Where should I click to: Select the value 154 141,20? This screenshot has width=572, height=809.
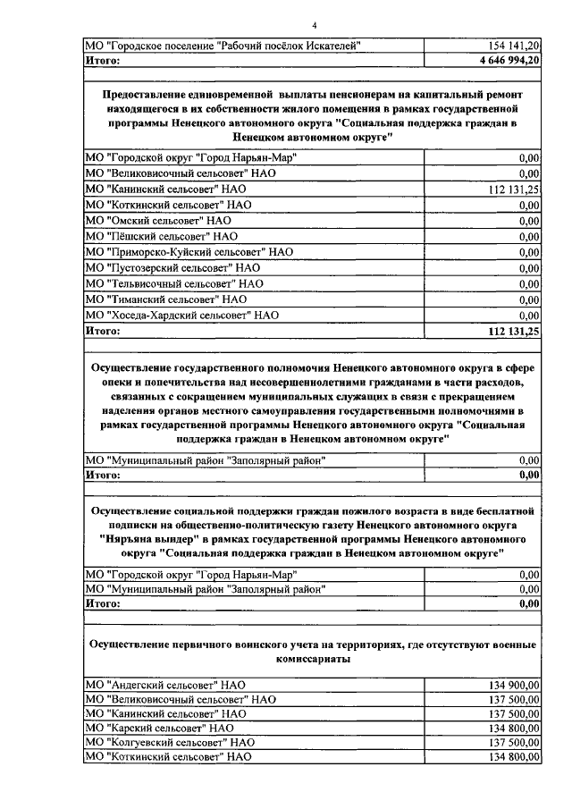tap(514, 45)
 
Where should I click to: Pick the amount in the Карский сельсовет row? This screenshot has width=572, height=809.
tap(514, 728)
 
